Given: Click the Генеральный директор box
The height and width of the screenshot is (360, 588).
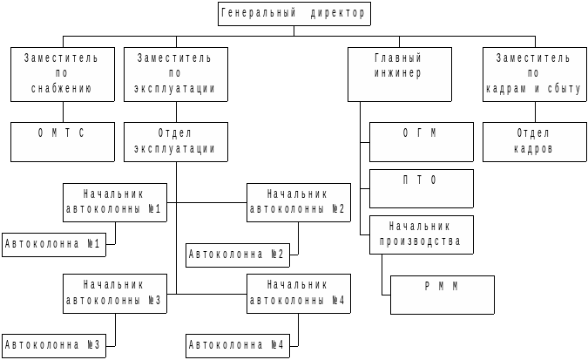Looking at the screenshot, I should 294,14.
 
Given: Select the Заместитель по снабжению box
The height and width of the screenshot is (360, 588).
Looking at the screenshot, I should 63,74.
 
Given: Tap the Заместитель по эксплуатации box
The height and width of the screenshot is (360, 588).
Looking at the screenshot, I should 176,74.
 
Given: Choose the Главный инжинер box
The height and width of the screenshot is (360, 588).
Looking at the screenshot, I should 400,74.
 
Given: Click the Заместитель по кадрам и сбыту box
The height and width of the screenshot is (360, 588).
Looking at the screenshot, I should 535,74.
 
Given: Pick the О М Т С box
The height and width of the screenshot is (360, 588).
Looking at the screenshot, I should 63,141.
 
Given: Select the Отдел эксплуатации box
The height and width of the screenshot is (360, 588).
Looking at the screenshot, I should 176,141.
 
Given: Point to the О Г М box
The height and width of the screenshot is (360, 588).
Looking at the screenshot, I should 422,141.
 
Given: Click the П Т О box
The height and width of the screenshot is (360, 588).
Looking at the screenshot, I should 422,188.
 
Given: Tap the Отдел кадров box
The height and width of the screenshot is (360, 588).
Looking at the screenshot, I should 535,141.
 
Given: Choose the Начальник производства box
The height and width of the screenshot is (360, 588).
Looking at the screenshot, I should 422,234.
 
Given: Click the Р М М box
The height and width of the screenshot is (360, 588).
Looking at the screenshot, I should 443,295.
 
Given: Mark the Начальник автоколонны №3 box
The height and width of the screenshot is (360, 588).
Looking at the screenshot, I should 115,293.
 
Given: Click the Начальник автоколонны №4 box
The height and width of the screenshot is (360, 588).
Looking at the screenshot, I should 299,293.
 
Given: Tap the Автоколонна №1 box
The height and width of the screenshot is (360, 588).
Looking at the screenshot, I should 53,245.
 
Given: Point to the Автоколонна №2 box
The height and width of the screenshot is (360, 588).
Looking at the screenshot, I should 238,255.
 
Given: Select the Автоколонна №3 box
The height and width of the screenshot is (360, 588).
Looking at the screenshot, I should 53,345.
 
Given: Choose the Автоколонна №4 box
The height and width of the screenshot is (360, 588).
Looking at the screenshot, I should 238,346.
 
